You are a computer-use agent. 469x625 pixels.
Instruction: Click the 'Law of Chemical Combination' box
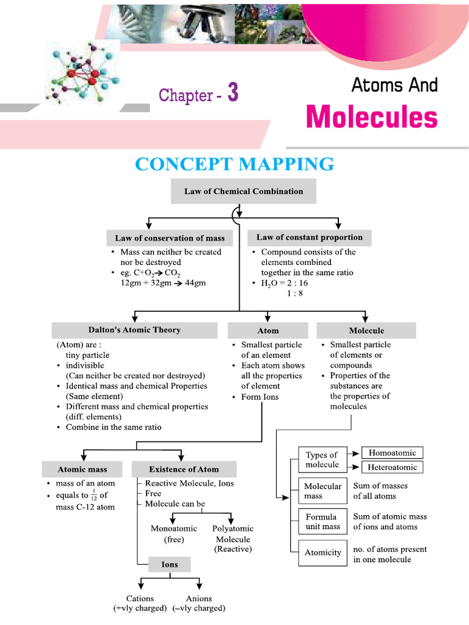click(x=244, y=191)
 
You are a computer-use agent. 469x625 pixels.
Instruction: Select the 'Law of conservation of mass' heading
click(x=170, y=238)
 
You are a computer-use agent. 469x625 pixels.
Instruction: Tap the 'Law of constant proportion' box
click(x=310, y=237)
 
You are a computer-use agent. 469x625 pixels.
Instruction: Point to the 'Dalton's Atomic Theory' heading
click(x=136, y=330)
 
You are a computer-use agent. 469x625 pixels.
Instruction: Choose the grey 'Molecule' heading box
click(x=366, y=331)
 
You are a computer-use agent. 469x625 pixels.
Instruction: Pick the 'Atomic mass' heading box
click(x=82, y=469)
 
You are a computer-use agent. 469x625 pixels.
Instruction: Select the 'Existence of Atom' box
click(x=184, y=469)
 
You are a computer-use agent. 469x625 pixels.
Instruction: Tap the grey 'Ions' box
click(x=170, y=565)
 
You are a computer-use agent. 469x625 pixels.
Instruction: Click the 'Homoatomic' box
click(x=392, y=453)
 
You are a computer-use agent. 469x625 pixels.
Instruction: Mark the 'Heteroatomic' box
click(x=392, y=468)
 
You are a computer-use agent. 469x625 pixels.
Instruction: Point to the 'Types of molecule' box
click(x=322, y=460)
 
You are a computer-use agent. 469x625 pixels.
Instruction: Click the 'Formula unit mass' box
click(x=322, y=521)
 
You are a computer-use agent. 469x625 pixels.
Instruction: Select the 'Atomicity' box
click(x=322, y=552)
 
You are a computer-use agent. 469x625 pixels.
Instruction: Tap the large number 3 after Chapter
click(x=232, y=93)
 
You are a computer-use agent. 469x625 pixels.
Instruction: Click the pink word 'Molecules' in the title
click(x=371, y=117)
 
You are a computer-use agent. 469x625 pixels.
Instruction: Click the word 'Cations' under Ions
click(x=140, y=598)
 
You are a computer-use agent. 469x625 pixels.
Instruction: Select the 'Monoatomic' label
click(x=173, y=529)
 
